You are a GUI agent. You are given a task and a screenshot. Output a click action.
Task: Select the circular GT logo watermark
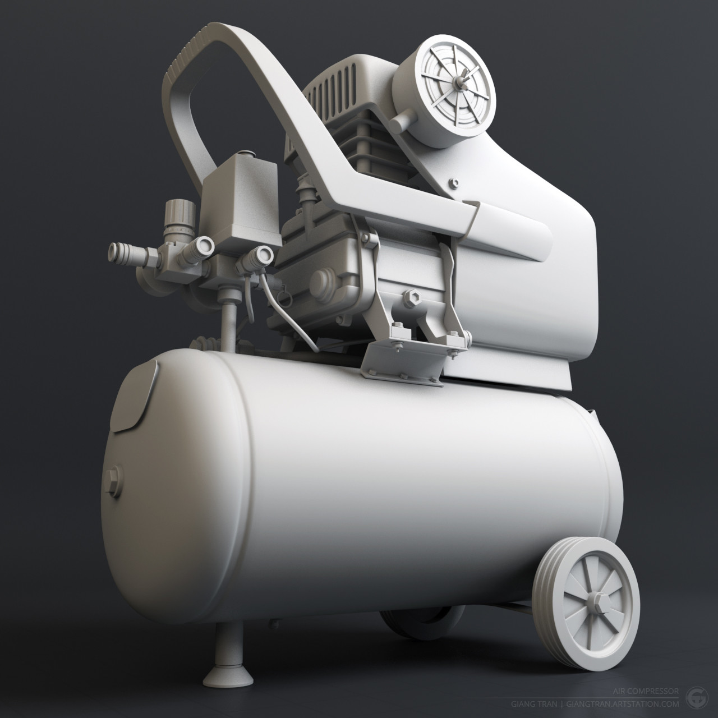697,697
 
